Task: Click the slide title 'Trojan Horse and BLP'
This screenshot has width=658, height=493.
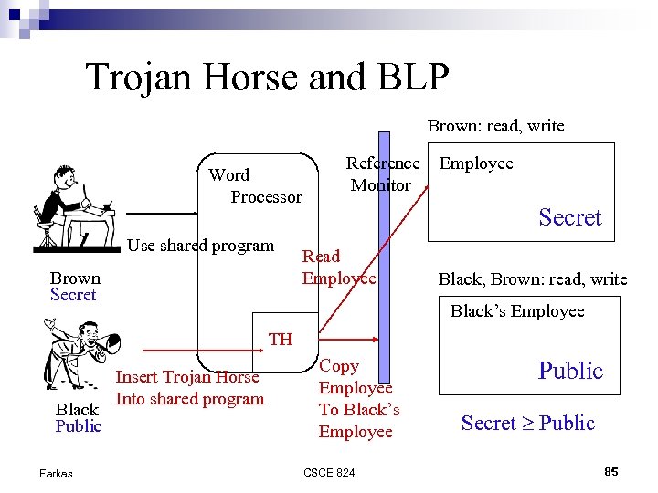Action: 267,77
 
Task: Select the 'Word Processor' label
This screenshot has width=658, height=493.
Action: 254,185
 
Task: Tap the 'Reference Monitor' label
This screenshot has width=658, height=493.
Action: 382,173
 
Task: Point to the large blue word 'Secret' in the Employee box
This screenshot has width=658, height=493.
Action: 569,217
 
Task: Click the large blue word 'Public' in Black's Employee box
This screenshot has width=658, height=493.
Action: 570,370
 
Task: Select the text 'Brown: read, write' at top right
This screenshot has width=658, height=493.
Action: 495,126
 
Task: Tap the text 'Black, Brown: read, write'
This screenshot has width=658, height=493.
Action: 533,278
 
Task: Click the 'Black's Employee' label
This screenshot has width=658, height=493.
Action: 516,311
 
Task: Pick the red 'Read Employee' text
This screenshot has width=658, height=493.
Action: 338,267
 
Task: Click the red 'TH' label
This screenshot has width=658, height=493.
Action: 281,339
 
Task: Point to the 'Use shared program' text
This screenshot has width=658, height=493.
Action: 200,245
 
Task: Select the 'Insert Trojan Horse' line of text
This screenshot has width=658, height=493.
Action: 186,376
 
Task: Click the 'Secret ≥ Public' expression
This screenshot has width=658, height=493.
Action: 527,423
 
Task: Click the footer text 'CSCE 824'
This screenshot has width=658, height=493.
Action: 329,472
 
